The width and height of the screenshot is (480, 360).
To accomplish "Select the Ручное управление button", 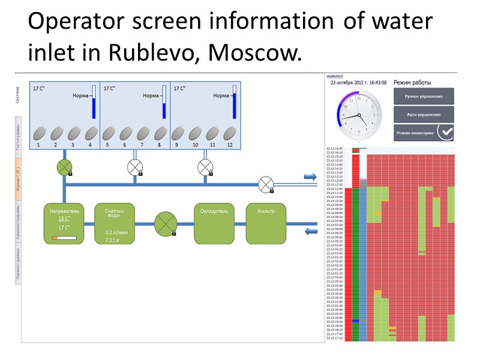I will point(424,96).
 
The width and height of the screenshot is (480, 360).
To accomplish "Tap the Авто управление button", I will point(424,114).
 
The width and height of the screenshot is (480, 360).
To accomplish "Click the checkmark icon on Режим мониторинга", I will point(445,132).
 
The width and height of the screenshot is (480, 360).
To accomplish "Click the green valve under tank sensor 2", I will point(64,168).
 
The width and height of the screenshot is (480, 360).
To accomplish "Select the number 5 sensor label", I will point(107,145).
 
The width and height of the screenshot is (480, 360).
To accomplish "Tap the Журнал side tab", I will point(18,181).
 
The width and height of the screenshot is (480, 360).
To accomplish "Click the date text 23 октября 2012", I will point(350,83).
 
